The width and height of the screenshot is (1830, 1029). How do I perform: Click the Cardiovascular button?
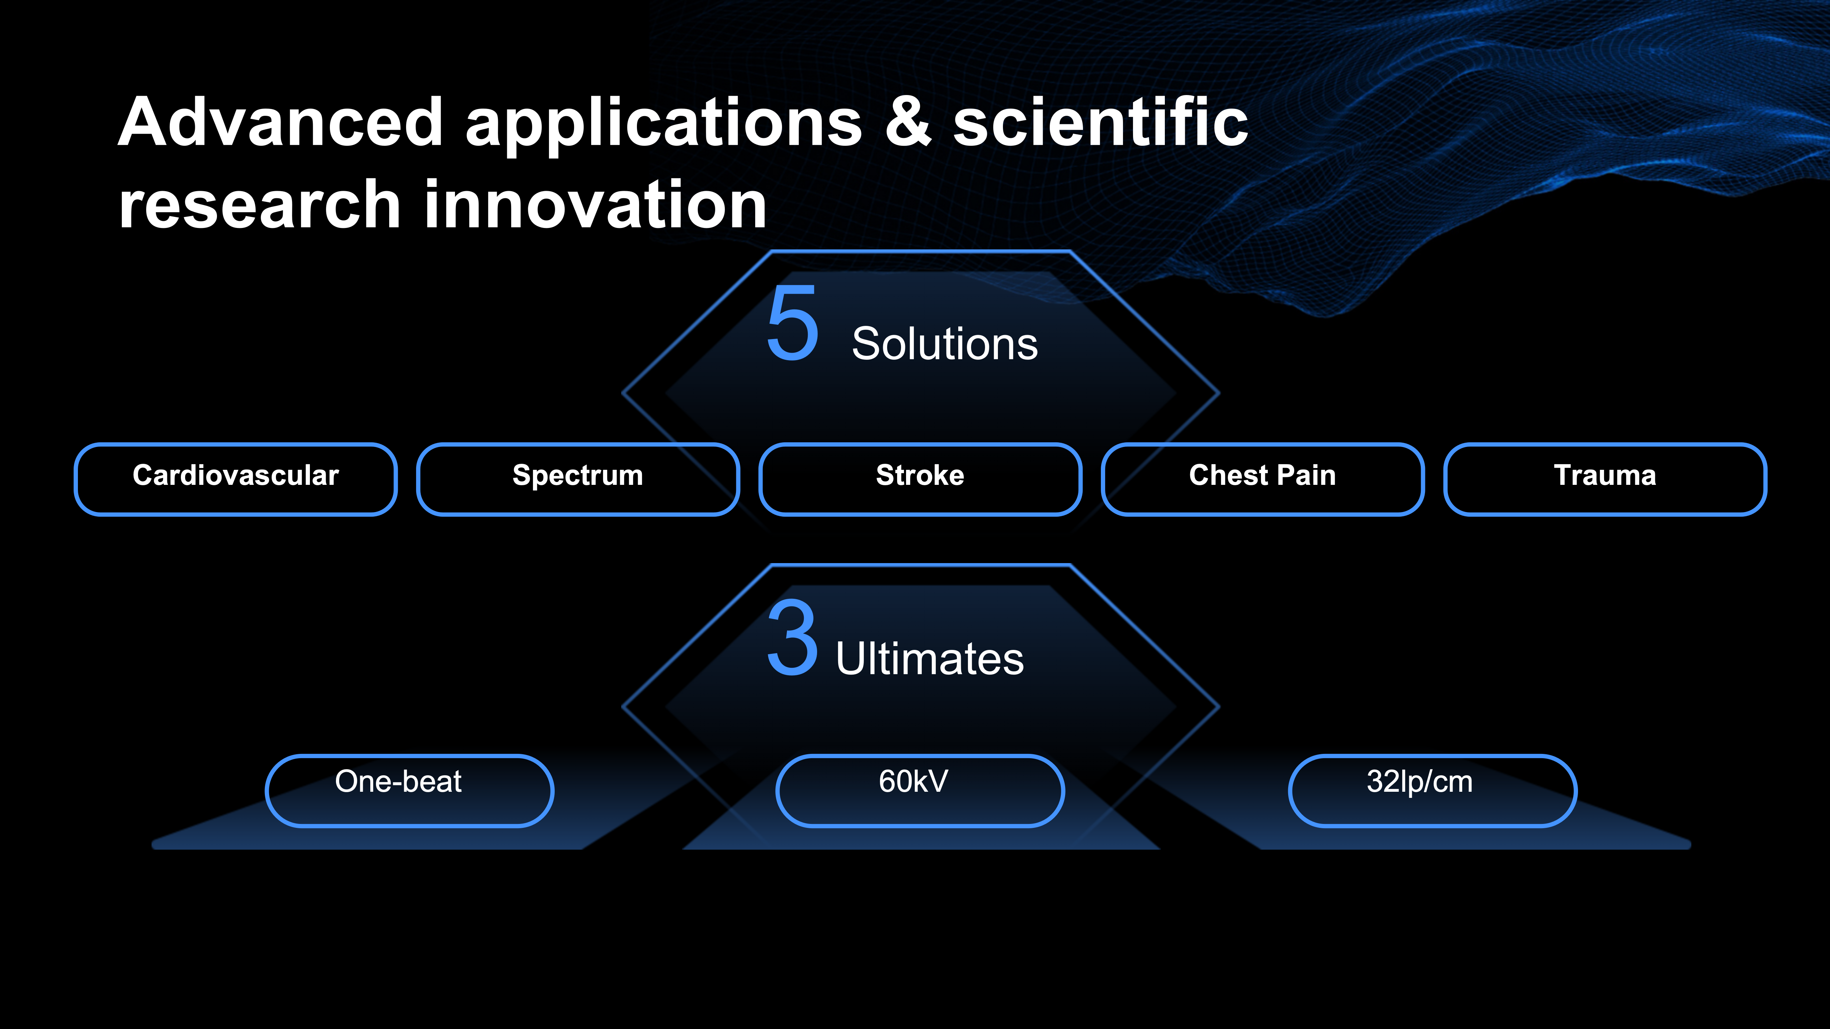coord(236,479)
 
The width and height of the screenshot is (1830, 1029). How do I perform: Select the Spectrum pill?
coord(578,479)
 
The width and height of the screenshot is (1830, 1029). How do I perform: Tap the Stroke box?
coord(921,479)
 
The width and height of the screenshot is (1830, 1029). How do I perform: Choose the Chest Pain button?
coord(1263,479)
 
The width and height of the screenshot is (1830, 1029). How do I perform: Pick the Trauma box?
coord(1606,479)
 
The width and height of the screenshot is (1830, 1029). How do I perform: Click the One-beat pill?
coord(409,790)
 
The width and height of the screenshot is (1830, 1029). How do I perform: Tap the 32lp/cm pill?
coord(1433,790)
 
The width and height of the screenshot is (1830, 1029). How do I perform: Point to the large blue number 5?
coord(793,323)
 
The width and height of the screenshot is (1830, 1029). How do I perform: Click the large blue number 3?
coord(793,637)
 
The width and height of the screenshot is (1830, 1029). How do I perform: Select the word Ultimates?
coord(930,658)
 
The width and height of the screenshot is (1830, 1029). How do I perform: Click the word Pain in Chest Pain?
coord(1306,475)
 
